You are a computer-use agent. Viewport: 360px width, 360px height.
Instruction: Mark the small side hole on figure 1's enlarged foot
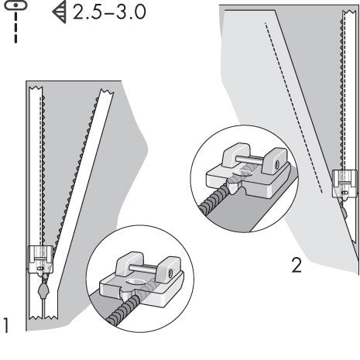(x=166, y=271)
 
